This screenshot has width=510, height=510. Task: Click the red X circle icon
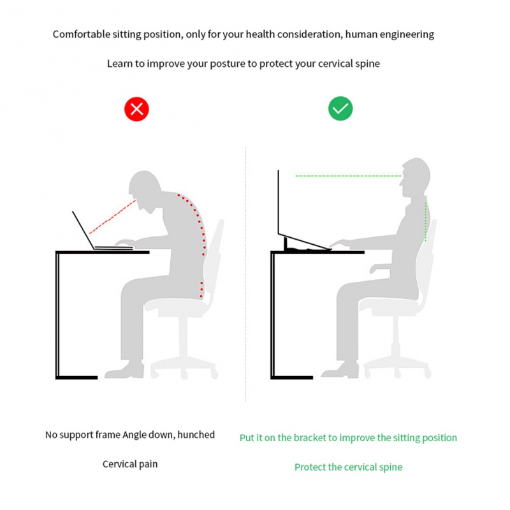click(x=136, y=109)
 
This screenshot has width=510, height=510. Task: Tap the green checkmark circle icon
click(x=340, y=108)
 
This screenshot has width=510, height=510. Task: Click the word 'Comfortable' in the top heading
click(x=82, y=34)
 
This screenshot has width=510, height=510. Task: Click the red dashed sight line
click(x=112, y=217)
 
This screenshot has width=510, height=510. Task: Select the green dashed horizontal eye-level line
click(x=348, y=176)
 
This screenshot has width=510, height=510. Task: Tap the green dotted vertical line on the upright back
click(x=425, y=221)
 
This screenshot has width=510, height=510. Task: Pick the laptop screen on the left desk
click(x=84, y=230)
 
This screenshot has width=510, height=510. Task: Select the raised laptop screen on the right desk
click(x=279, y=201)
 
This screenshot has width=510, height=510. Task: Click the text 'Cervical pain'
click(x=130, y=464)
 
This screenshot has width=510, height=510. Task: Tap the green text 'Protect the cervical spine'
click(x=348, y=467)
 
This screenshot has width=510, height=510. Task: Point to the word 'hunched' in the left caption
click(x=196, y=435)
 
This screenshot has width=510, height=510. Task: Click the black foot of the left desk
click(x=76, y=377)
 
